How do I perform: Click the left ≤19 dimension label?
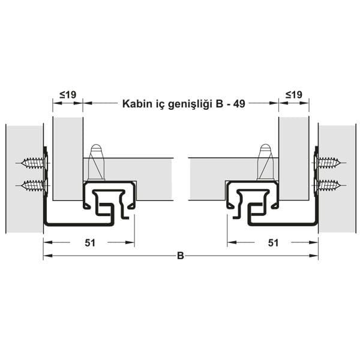click(68, 94)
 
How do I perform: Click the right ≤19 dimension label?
click(293, 94)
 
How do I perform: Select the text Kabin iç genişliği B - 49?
click(183, 103)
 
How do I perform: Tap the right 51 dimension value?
click(273, 242)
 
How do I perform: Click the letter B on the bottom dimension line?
click(180, 256)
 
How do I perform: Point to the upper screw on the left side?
click(33, 163)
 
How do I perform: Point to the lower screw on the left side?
click(33, 185)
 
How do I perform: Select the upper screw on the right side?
click(328, 163)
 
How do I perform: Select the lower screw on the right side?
click(328, 185)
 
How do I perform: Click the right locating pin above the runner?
click(265, 161)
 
